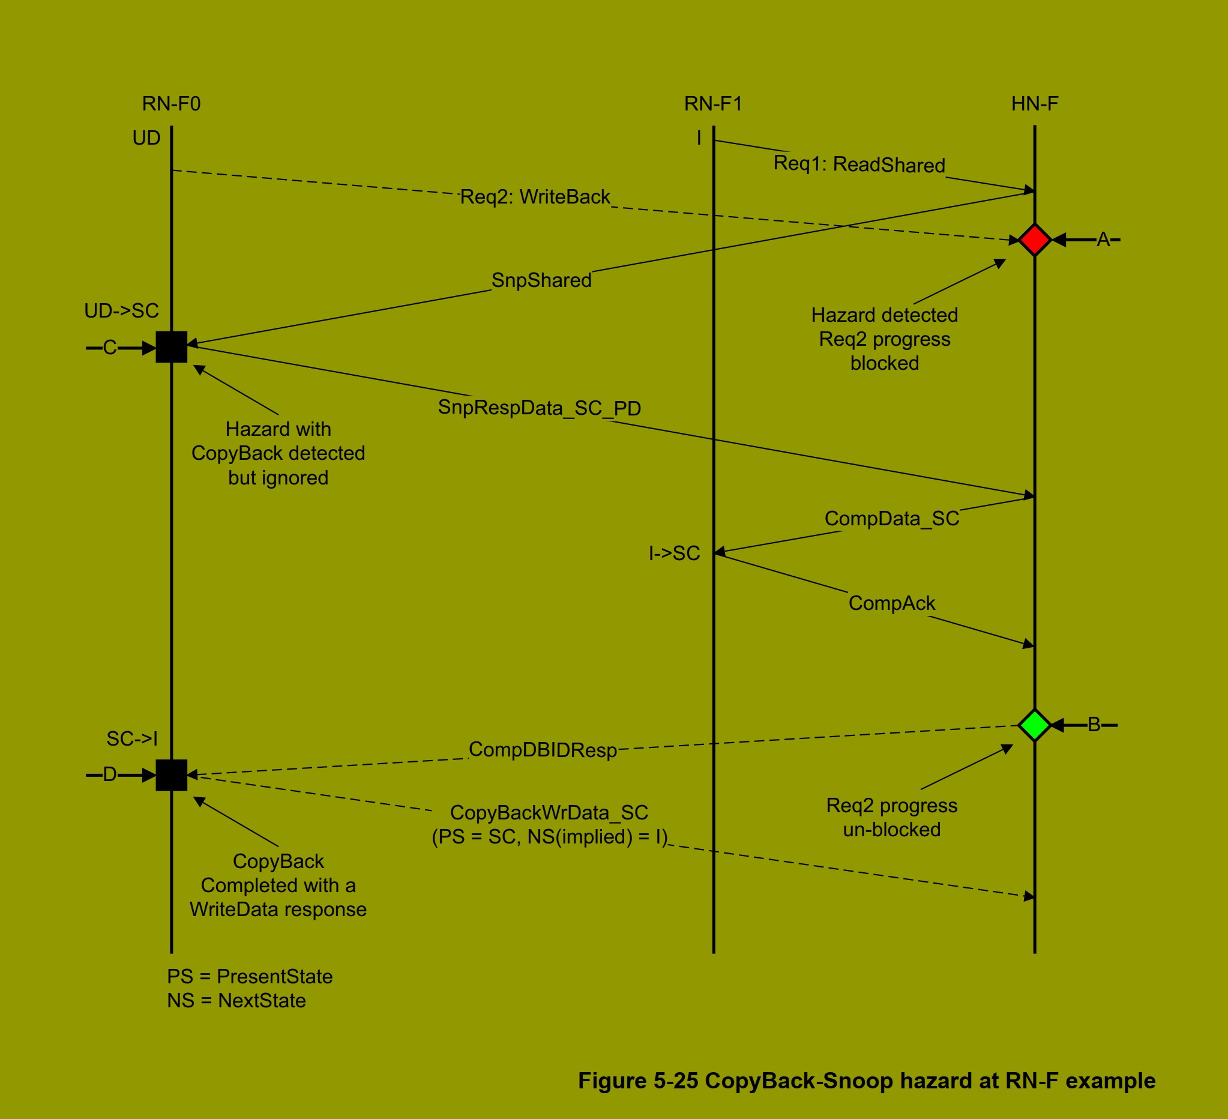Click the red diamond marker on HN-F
pyautogui.click(x=1034, y=240)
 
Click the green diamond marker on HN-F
pyautogui.click(x=1034, y=725)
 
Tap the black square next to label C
pyautogui.click(x=171, y=347)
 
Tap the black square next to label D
pyautogui.click(x=171, y=775)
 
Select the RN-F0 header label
pyautogui.click(x=171, y=104)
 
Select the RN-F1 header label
pyautogui.click(x=712, y=104)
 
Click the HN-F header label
pyautogui.click(x=1034, y=104)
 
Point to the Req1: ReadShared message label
pyautogui.click(x=859, y=164)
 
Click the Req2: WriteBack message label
pyautogui.click(x=535, y=197)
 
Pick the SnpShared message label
pyautogui.click(x=541, y=280)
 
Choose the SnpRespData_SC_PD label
pyautogui.click(x=539, y=408)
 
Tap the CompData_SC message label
pyautogui.click(x=891, y=519)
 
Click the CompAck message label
pyautogui.click(x=891, y=603)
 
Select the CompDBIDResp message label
pyautogui.click(x=542, y=750)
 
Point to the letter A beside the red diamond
pyautogui.click(x=1103, y=240)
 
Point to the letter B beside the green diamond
pyautogui.click(x=1094, y=725)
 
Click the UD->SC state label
pyautogui.click(x=121, y=312)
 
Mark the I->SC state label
pyautogui.click(x=673, y=553)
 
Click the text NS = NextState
pyautogui.click(x=236, y=1001)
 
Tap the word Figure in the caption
pyautogui.click(x=612, y=1081)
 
